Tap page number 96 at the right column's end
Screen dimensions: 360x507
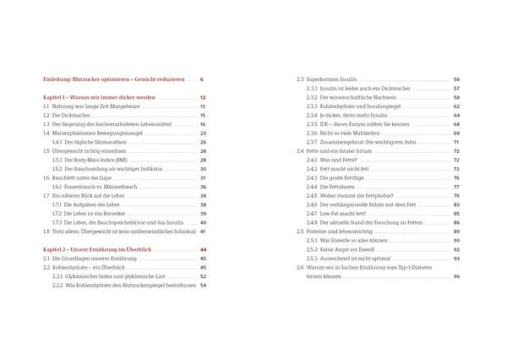456,276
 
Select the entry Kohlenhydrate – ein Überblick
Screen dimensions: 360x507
101,267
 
